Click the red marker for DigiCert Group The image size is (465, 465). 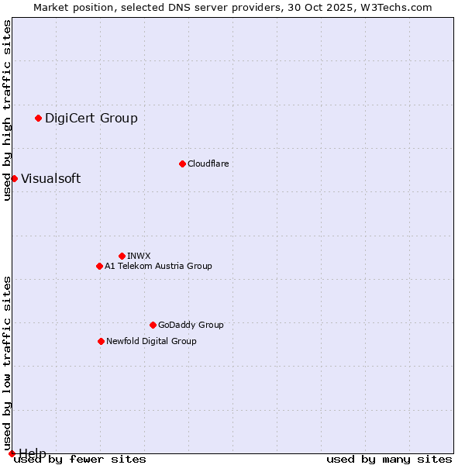pos(38,118)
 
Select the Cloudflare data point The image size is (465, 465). pos(182,164)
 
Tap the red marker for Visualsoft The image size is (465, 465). pos(14,178)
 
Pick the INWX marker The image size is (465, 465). pos(122,256)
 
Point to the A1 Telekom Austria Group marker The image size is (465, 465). pos(99,266)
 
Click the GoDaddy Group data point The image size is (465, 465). pos(153,325)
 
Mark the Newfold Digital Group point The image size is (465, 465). pos(101,341)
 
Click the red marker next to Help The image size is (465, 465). pos(12,453)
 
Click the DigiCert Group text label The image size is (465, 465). pos(91,118)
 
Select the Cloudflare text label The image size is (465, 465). pos(208,164)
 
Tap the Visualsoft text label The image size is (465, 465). pos(50,178)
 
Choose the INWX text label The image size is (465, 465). pos(139,256)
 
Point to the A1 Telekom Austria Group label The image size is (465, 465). pos(158,266)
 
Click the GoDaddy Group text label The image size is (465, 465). pos(191,325)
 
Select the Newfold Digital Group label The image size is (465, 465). pos(151,341)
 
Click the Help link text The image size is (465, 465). pos(33,453)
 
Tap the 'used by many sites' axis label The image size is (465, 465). pos(389,460)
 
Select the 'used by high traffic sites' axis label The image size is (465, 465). pos(7,110)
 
